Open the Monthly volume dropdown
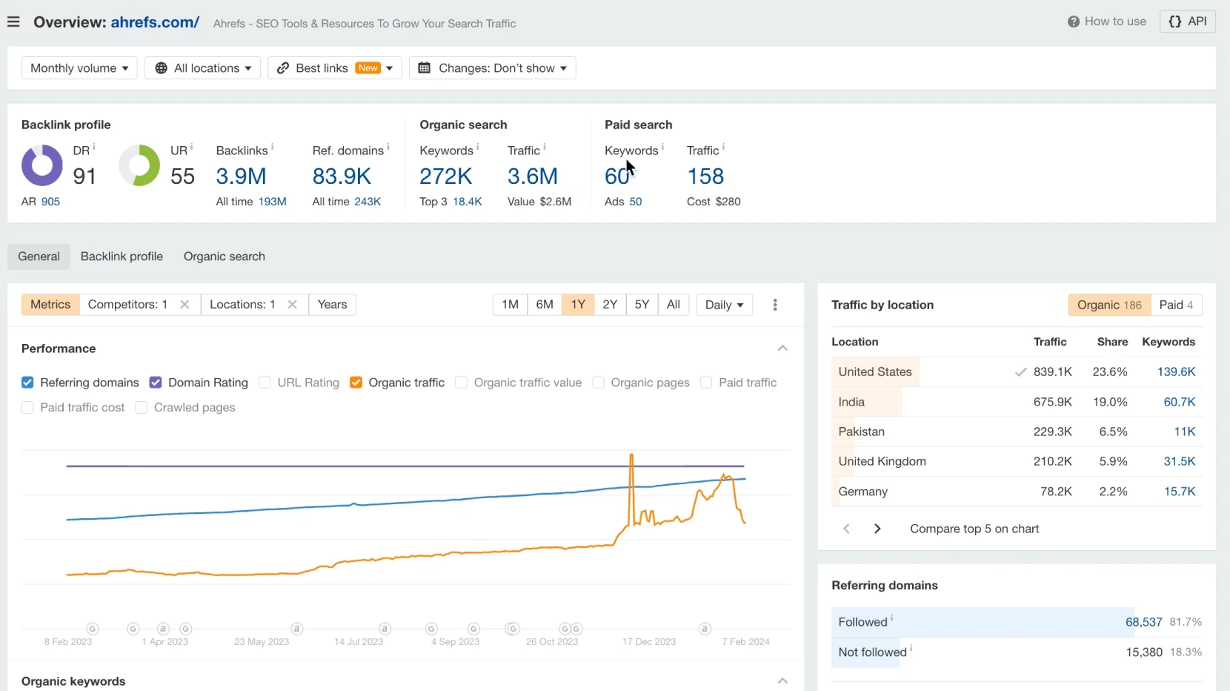coord(79,68)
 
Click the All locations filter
coord(202,68)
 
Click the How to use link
coord(1107,22)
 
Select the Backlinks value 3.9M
coord(241,176)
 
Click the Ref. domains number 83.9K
coord(342,176)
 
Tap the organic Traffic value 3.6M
coord(532,176)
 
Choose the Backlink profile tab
coord(122,257)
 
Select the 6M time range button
coord(545,305)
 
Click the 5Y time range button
coord(642,305)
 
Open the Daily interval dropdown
coord(724,305)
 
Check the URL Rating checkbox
coord(265,383)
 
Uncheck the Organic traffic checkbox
coord(356,383)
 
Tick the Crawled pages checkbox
coord(142,408)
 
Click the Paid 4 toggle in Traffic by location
coord(1176,305)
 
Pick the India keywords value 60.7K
coord(1179,402)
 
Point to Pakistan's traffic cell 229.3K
coord(1052,432)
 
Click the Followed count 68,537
coord(1143,622)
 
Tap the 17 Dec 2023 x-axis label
coord(649,642)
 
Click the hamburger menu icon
coord(13,22)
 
